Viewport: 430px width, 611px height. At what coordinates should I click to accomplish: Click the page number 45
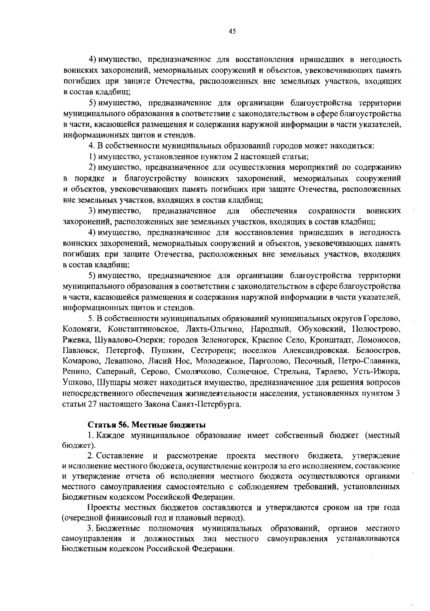click(232, 32)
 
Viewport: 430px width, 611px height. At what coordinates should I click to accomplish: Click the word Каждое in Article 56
click(112, 436)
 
